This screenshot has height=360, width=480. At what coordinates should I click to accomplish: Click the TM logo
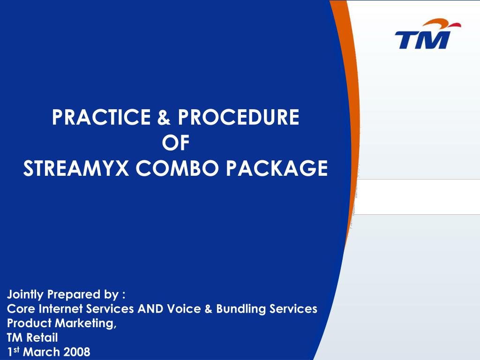tap(427, 34)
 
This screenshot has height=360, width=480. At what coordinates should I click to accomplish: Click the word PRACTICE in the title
tap(101, 117)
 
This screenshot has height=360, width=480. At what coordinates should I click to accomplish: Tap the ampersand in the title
tap(164, 117)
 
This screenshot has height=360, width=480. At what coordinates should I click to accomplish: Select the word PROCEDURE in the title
tap(239, 117)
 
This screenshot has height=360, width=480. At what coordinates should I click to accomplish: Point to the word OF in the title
tap(176, 142)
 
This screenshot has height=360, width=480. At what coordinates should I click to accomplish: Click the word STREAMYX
tap(76, 168)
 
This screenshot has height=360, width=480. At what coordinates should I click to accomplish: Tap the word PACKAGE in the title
tap(277, 168)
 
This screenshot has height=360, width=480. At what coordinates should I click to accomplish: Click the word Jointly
tap(25, 294)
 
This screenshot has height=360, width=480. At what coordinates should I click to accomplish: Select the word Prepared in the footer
tap(74, 294)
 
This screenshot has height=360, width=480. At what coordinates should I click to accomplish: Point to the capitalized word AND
tap(150, 308)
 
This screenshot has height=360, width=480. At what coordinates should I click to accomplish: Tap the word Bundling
tap(241, 309)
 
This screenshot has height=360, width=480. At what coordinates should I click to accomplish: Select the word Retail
tap(42, 337)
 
